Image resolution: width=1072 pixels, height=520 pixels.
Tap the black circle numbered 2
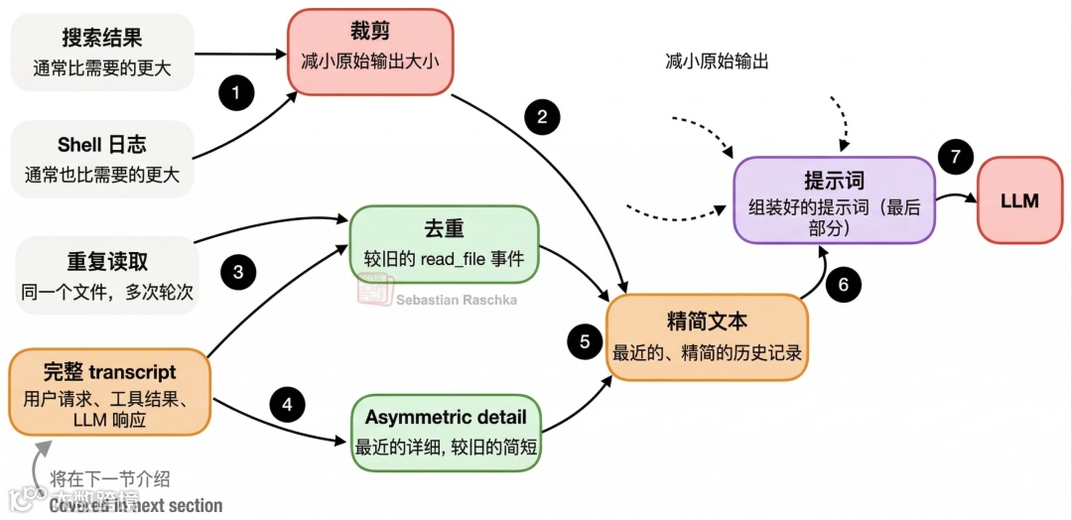pos(542,117)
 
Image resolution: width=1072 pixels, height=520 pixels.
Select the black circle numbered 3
pos(238,271)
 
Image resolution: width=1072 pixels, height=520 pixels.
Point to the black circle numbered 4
pos(288,404)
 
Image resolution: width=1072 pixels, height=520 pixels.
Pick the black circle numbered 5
pos(585,341)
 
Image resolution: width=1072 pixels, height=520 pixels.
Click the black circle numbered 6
pos(844,285)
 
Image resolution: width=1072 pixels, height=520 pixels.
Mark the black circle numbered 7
pos(956,157)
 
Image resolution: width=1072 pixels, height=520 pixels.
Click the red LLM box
pos(1019,200)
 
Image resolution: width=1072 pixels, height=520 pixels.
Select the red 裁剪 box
pos(369,52)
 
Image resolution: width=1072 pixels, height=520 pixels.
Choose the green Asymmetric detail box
pos(446,431)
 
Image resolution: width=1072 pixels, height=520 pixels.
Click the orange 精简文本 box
pos(707,336)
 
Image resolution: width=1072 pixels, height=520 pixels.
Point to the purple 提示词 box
pos(834,199)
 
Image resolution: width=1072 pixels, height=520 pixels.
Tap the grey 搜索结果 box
pos(102,52)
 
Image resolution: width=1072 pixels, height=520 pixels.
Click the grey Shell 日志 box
pos(102,158)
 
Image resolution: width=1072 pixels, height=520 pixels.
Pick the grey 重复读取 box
pos(107,275)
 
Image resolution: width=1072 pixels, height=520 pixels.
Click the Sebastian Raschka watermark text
pos(457,299)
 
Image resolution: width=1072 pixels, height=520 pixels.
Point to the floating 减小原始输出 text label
pos(717,62)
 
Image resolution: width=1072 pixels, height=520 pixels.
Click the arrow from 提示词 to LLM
pos(955,197)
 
